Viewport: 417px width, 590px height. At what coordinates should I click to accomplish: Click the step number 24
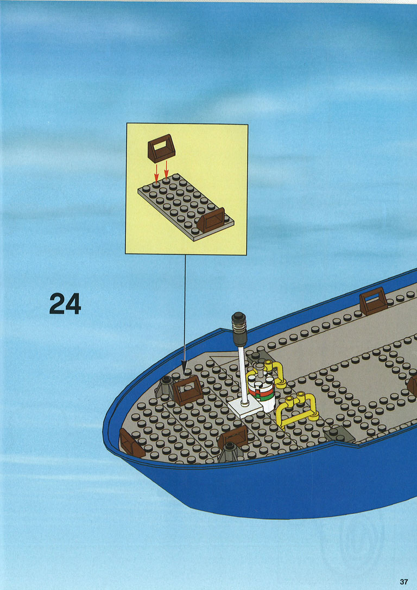pyautogui.click(x=65, y=303)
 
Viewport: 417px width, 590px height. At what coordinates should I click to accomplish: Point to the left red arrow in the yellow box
pyautogui.click(x=156, y=173)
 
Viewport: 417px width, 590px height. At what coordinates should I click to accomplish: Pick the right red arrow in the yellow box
pyautogui.click(x=166, y=169)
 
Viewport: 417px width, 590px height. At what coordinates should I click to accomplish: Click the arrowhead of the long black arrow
pyautogui.click(x=185, y=367)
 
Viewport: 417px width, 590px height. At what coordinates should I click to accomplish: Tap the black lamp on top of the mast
pyautogui.click(x=238, y=328)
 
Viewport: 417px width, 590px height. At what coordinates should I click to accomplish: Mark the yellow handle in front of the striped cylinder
pyautogui.click(x=298, y=410)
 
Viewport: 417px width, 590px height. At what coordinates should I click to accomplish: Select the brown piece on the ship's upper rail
pyautogui.click(x=373, y=301)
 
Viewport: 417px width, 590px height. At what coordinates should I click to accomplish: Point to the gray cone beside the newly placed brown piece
pyautogui.click(x=165, y=387)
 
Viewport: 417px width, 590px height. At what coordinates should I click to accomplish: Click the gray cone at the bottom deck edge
pyautogui.click(x=229, y=452)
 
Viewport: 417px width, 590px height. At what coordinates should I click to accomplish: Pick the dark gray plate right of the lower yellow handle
pyautogui.click(x=339, y=434)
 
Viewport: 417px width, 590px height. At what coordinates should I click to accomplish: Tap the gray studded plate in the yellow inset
pyautogui.click(x=186, y=207)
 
